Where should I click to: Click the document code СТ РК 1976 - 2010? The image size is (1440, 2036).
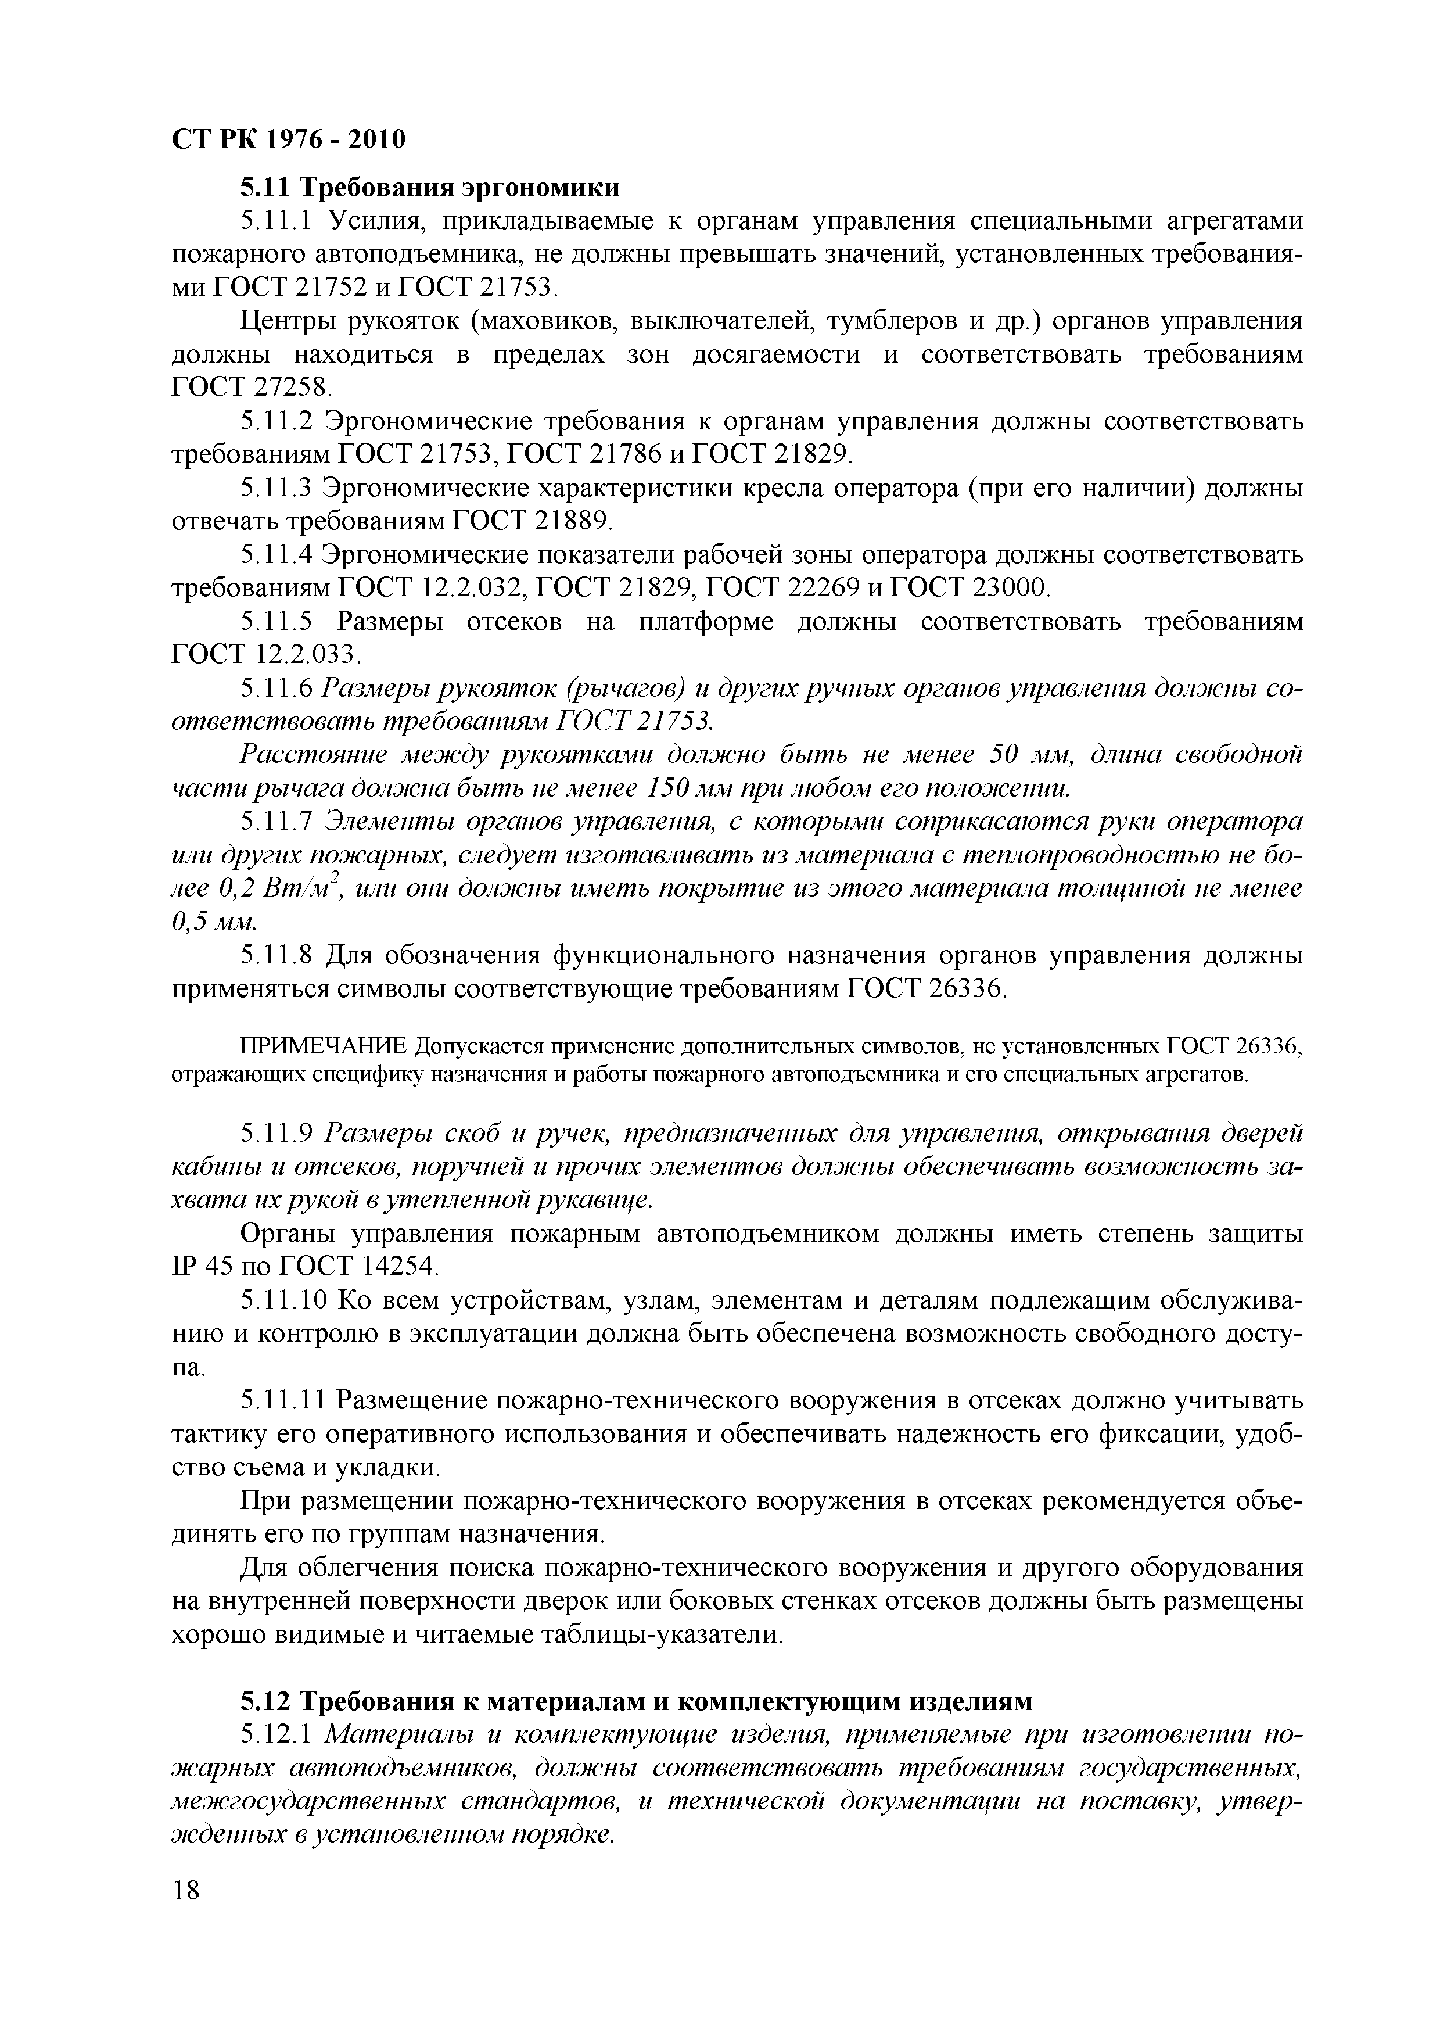(288, 139)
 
